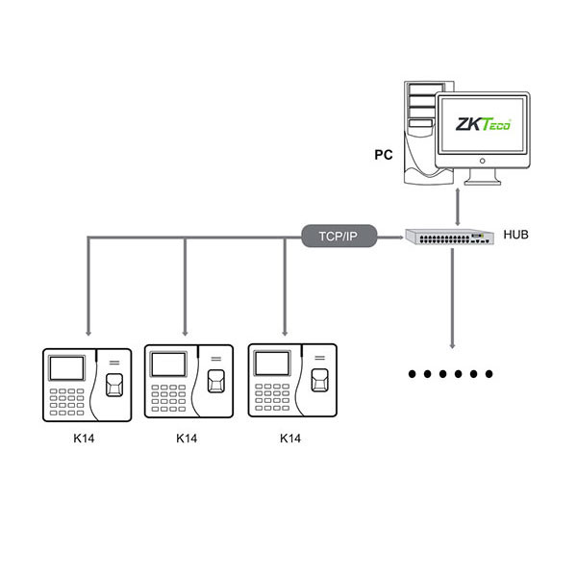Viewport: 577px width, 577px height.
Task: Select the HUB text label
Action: (516, 234)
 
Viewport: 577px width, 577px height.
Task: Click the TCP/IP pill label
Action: (338, 236)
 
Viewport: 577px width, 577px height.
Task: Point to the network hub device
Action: (449, 237)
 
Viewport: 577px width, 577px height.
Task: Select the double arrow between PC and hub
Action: (458, 204)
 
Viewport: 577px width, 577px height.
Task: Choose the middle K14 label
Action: (188, 439)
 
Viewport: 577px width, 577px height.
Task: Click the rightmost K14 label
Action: (289, 439)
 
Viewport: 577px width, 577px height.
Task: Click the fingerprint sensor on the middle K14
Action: (218, 382)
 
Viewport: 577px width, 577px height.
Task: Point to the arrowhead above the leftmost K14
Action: (88, 327)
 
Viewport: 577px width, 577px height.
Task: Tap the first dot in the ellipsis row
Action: (412, 373)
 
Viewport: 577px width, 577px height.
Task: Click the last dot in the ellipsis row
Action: (489, 373)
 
